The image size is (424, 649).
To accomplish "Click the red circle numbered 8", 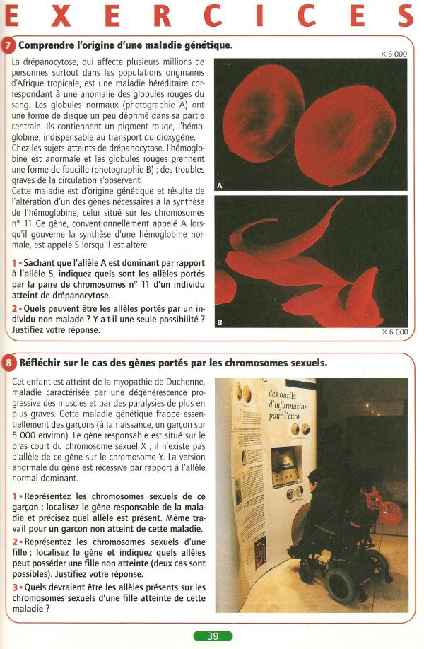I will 8,363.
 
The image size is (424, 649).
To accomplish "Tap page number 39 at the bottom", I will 213,636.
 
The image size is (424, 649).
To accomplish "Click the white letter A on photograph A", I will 220,186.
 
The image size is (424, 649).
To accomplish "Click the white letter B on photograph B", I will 220,322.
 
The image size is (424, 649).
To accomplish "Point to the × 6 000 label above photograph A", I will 394,54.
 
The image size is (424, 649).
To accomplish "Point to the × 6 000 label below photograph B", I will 394,332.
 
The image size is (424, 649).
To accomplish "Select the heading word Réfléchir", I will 42,363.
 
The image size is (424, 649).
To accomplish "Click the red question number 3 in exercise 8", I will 15,587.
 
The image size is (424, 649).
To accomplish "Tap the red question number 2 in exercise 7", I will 15,308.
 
